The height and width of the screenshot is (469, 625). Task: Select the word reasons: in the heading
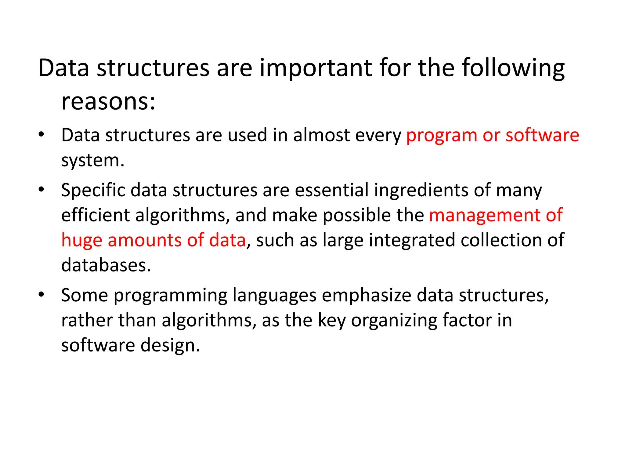(108, 101)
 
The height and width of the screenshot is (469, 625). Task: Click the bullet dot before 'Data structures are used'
(42, 134)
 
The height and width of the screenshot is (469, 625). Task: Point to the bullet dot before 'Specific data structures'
(42, 190)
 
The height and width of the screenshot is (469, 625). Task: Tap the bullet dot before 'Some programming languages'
(42, 295)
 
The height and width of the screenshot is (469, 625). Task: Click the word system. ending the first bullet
(93, 160)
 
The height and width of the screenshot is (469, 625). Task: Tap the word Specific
(93, 191)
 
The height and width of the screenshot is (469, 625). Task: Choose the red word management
(485, 216)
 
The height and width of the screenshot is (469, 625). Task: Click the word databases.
(106, 265)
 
